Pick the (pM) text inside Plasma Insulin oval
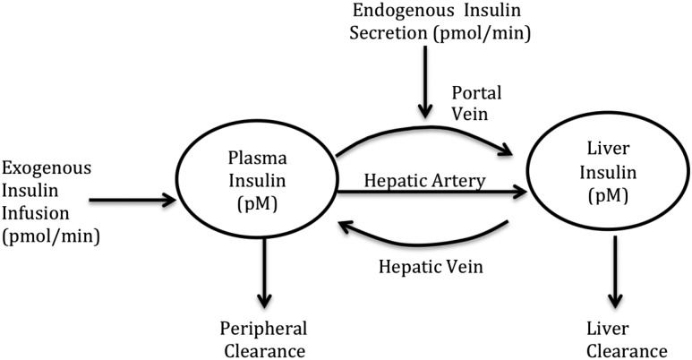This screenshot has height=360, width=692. click(x=258, y=204)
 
